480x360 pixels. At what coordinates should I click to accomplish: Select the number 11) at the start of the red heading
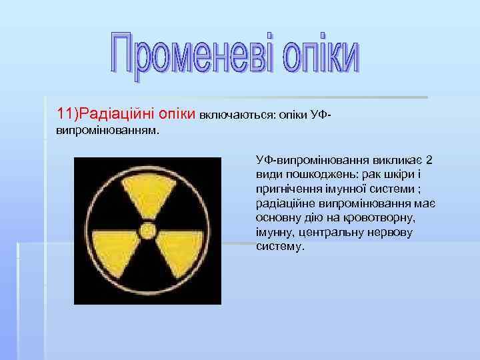point(68,113)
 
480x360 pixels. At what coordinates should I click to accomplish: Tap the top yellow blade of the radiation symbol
point(147,193)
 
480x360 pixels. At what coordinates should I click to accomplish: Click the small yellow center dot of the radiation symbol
point(147,231)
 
